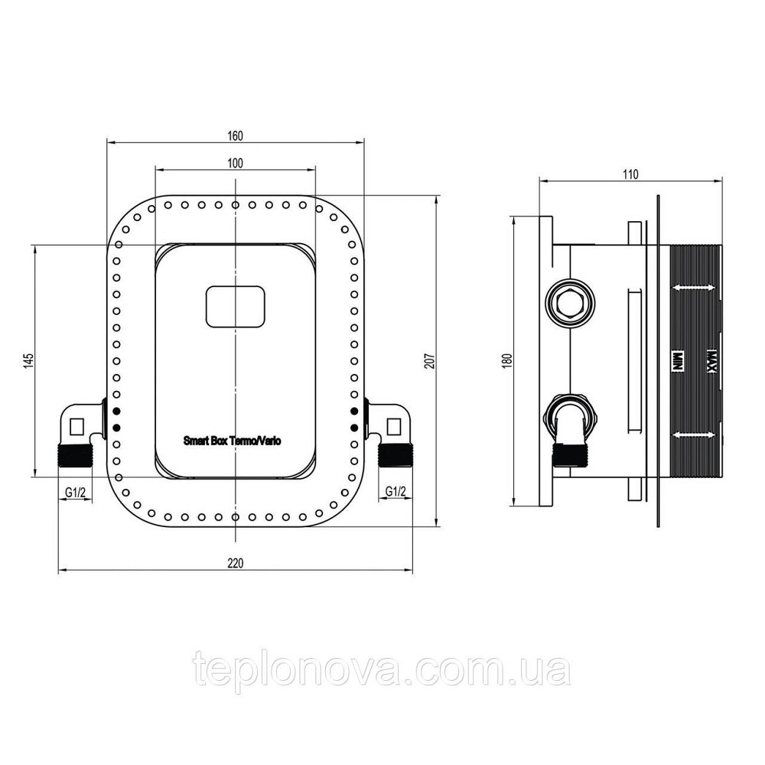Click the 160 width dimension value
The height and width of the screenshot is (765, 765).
tap(235, 135)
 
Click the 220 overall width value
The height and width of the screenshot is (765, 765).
tap(235, 564)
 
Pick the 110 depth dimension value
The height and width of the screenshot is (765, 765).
tap(630, 174)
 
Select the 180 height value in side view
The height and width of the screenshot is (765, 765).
tap(505, 361)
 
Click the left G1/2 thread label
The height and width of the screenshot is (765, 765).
tap(75, 492)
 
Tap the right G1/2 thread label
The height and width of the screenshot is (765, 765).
tap(395, 492)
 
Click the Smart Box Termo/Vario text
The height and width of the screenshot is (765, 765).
tap(233, 441)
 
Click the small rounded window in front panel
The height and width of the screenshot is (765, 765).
tap(235, 307)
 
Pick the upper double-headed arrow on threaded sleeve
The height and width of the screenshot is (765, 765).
tap(695, 288)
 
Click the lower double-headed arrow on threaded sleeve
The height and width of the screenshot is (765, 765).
tap(695, 435)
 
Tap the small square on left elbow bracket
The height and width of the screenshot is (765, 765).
tap(77, 425)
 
